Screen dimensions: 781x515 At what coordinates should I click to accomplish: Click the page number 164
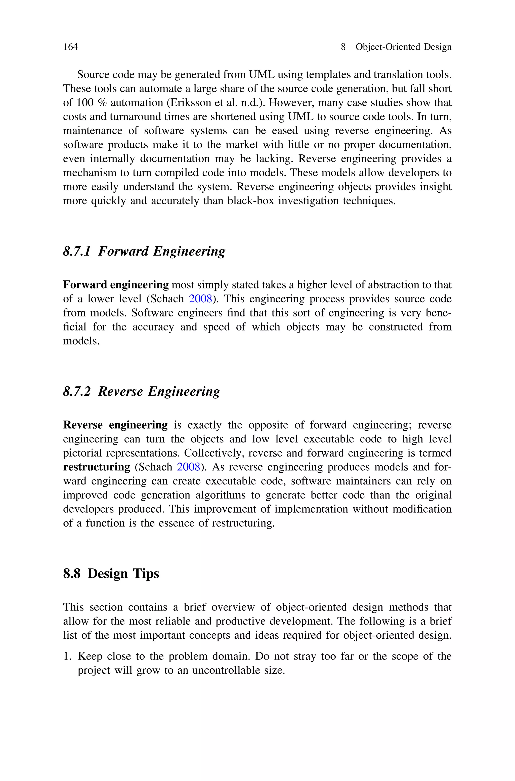coord(70,47)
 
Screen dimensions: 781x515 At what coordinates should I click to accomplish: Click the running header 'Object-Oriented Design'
coord(403,47)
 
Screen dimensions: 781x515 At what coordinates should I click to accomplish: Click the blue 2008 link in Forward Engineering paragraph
coord(200,299)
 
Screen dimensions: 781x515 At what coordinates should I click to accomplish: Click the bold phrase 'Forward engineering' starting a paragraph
coord(116,285)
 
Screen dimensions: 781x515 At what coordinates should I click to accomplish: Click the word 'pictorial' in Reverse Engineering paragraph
coord(83,453)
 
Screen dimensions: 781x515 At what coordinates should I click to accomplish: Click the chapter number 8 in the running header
coord(343,47)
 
